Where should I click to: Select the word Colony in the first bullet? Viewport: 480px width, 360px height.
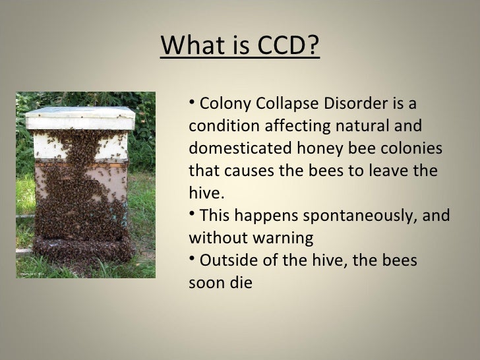coord(221,104)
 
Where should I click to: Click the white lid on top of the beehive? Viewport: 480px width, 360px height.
coord(80,119)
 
